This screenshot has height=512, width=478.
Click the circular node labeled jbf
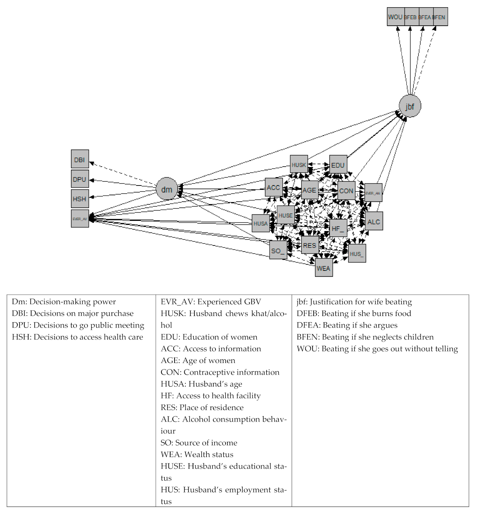coord(410,106)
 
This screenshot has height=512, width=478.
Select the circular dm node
coord(167,189)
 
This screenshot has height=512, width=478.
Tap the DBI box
coord(80,159)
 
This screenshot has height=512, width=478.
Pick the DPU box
coord(80,179)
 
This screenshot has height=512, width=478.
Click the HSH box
coord(80,199)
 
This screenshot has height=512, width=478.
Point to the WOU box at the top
coord(395,17)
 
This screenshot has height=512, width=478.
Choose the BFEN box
coord(440,17)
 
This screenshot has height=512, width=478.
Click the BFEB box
coord(411,17)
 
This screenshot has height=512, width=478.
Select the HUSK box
coord(299,165)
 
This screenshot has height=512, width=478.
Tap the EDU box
coord(338,165)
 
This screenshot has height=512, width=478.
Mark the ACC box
coord(273,187)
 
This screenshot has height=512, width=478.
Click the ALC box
coord(374,221)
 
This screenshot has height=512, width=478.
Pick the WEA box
coord(323,268)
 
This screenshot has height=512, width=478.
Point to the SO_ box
coord(278,250)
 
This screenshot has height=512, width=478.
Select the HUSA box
coord(261,223)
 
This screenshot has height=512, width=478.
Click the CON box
coord(346,191)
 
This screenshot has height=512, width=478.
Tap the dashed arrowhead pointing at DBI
coord(91,163)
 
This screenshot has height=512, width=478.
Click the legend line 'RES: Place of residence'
coord(202,408)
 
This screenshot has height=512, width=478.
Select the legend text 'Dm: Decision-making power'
coord(64,302)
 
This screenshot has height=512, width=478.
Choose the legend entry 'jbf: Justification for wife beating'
coord(354,302)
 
